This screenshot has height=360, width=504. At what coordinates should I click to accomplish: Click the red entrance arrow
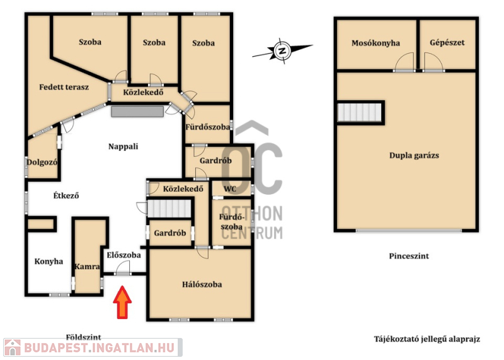(122, 302)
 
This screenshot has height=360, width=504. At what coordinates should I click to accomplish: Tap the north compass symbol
(282, 51)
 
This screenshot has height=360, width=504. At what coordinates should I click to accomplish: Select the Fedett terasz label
(64, 87)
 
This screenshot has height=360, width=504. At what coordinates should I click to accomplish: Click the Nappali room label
(123, 146)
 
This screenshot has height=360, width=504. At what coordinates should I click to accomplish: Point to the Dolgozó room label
(42, 162)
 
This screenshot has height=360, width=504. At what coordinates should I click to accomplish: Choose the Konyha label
(49, 261)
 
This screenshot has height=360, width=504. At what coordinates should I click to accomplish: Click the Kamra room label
(87, 267)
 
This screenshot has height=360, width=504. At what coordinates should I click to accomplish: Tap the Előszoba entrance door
(123, 269)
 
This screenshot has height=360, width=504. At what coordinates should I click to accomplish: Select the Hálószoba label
(202, 284)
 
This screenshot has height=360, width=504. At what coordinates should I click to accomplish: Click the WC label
(230, 189)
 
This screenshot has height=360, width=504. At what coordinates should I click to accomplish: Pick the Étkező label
(66, 195)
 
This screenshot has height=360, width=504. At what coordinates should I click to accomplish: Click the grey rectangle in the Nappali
(137, 112)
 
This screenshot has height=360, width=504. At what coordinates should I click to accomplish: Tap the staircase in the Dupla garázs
(359, 112)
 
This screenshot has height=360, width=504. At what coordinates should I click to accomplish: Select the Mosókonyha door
(404, 62)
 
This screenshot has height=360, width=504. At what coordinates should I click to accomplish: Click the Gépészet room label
(447, 42)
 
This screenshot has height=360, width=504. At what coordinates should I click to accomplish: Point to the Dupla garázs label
(414, 155)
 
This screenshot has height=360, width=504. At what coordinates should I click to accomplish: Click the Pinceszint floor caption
(409, 256)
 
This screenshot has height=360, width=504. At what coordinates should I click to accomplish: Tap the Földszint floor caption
(84, 337)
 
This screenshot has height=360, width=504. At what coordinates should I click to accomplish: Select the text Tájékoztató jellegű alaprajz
(427, 339)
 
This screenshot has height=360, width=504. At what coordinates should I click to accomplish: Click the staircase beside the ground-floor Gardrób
(169, 209)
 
